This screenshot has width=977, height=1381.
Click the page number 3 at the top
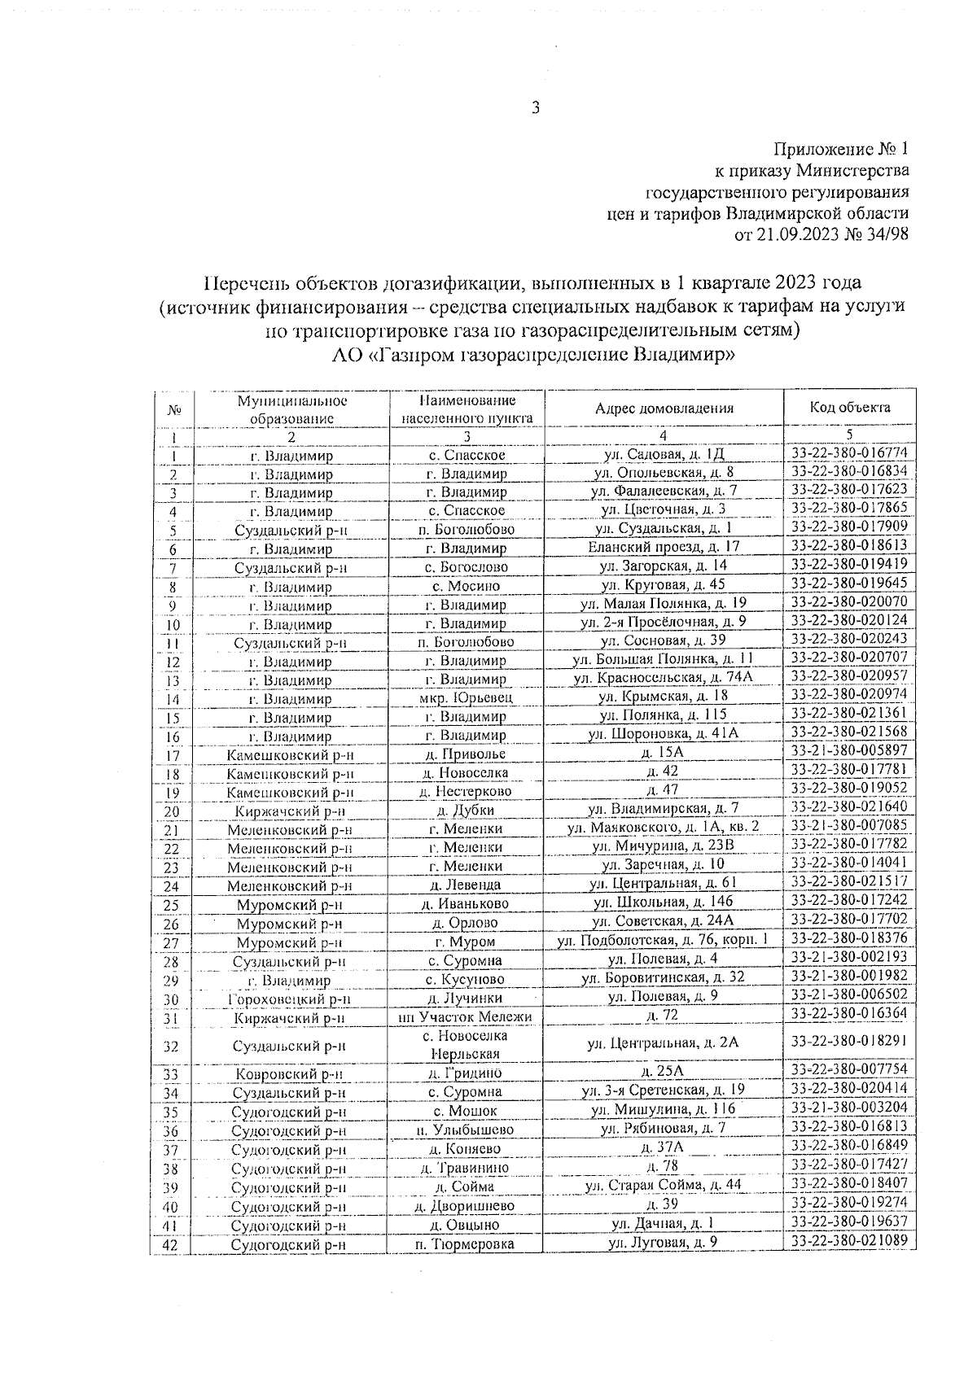coord(536,108)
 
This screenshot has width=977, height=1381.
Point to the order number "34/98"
coord(885,234)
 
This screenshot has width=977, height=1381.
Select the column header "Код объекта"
coord(849,408)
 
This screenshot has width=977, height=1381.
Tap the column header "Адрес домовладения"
coord(664,409)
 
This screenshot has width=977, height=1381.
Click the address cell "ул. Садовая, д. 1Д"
coord(664,454)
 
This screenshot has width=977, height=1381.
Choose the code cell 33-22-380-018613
coord(849,546)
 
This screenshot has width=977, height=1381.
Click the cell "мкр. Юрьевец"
coord(467,697)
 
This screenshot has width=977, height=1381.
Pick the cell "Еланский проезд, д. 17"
coord(664,547)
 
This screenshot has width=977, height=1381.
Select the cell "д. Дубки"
coord(467,810)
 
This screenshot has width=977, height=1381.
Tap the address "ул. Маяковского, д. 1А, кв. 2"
coord(664,827)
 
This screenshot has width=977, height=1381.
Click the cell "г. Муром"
coord(467,942)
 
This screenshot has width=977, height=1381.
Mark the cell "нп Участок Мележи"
coord(467,1016)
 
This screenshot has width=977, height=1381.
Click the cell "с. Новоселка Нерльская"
coord(467,1045)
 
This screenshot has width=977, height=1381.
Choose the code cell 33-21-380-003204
coord(849,1108)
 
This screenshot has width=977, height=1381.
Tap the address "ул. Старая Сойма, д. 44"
coord(664,1185)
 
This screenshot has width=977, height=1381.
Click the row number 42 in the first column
coord(171,1244)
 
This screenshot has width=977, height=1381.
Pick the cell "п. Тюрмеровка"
coord(467,1244)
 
